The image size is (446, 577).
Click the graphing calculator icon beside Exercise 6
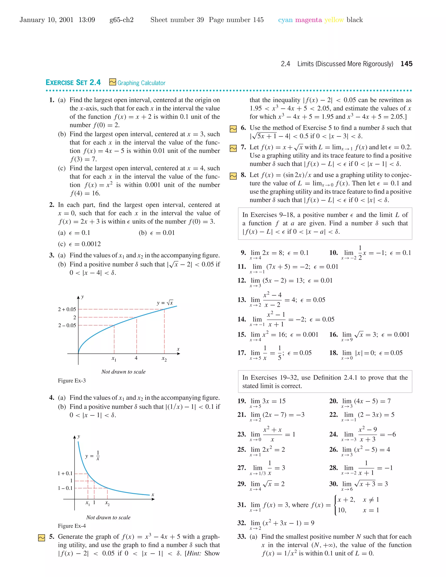pos(233,129)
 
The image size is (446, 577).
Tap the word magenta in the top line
pos(308,20)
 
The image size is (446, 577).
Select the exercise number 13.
pos(242,300)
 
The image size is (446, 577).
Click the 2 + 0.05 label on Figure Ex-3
pos(67,309)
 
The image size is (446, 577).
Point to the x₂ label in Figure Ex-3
pos(164,359)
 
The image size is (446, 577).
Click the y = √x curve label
pos(165,303)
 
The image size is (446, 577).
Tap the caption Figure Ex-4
pos(72,526)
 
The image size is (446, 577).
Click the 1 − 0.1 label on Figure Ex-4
pos(65,488)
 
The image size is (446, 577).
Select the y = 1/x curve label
pos(93,456)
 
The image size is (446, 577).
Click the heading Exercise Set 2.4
pos(73,83)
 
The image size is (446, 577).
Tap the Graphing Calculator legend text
pos(141,83)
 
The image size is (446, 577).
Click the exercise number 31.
pos(242,505)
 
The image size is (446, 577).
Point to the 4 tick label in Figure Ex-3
pos(136,358)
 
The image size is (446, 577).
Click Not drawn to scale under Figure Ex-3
pos(123,372)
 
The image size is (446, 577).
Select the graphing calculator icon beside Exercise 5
pos(41,538)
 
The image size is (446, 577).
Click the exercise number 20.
pos(333,401)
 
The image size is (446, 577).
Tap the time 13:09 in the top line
pos(87,20)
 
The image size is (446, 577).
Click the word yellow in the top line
pos(334,20)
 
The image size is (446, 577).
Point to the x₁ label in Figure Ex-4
pos(88,503)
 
